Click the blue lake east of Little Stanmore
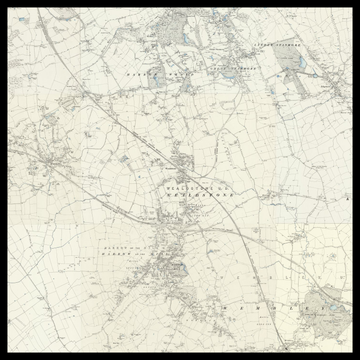click(289, 62)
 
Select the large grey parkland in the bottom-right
click(325, 305)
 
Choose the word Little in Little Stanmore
click(261, 47)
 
